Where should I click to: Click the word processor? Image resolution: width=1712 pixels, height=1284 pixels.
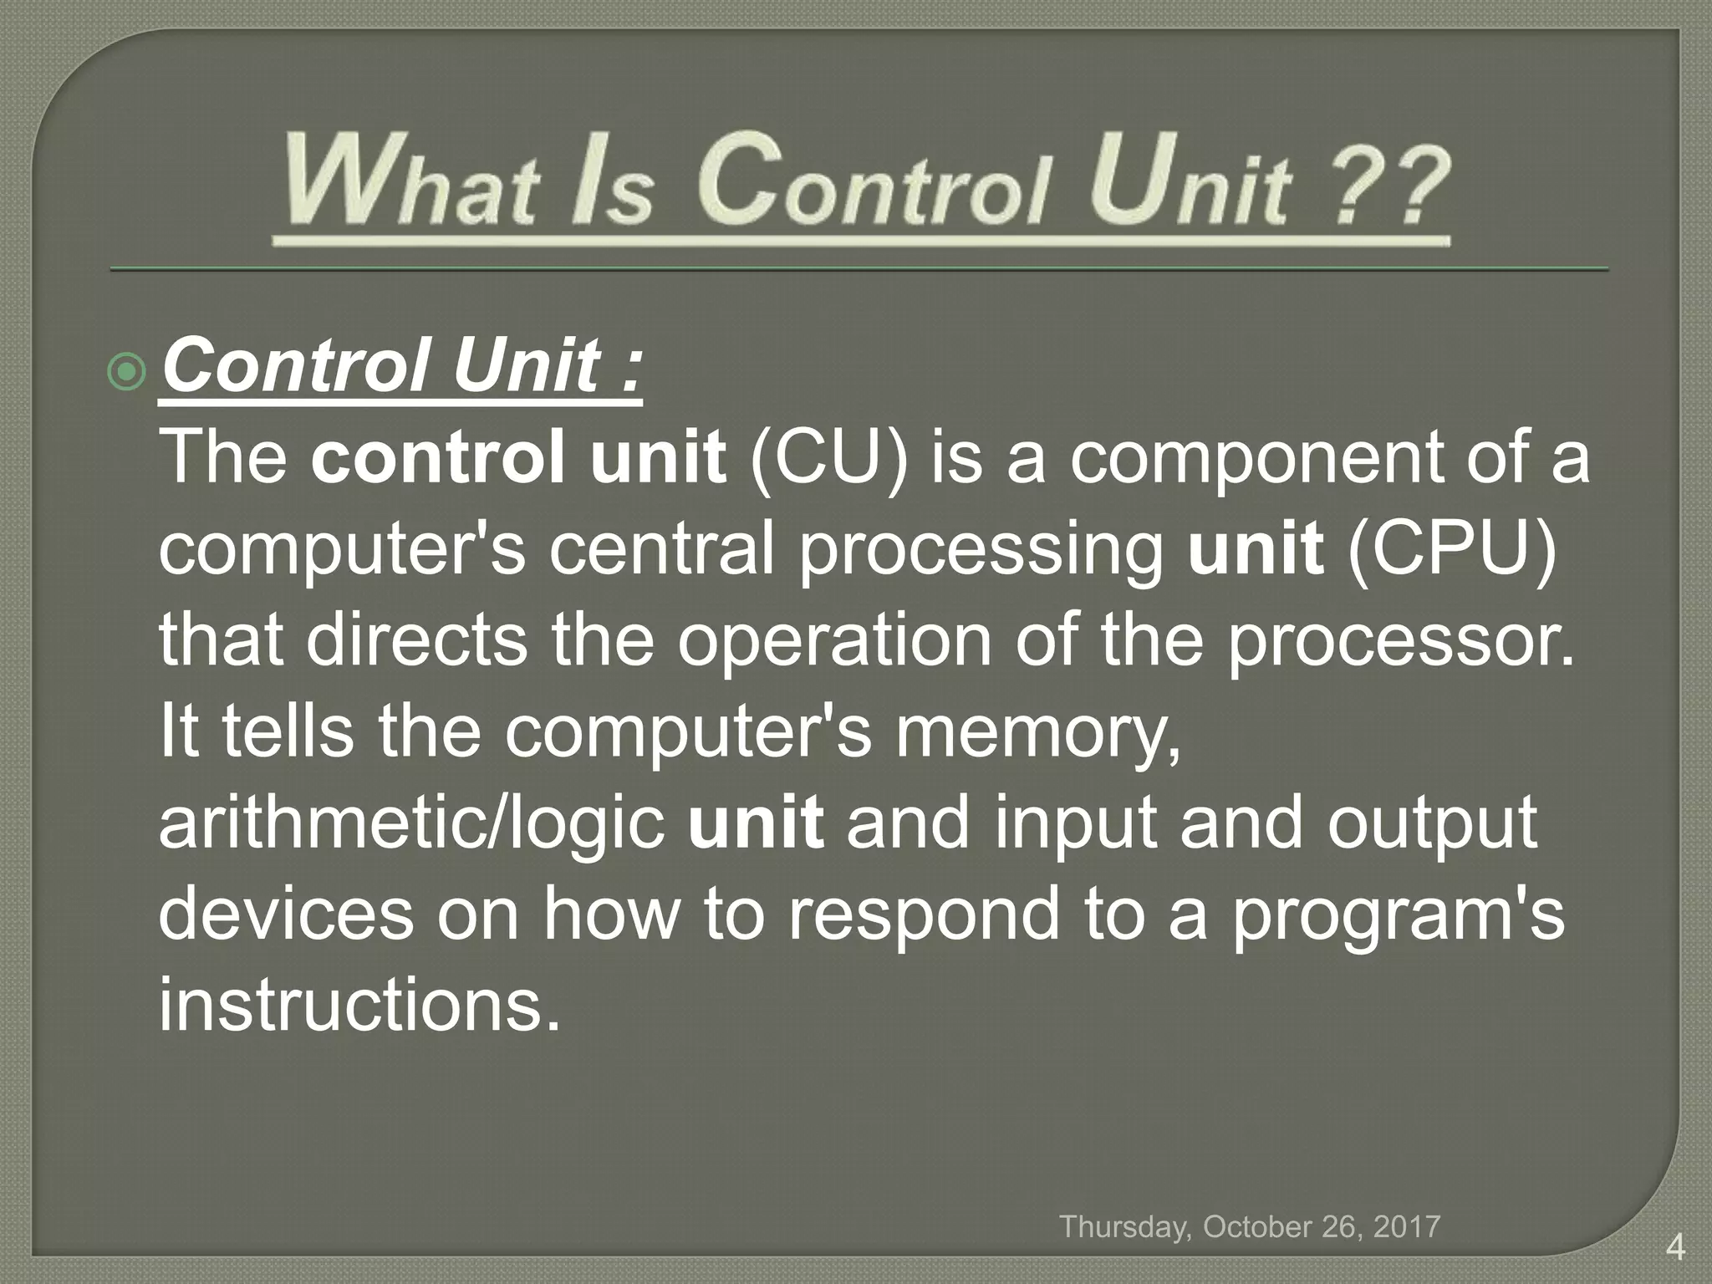(x=1400, y=644)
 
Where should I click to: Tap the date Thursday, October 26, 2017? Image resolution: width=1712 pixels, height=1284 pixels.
(x=1250, y=1226)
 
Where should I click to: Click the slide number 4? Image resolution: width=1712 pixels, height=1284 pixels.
(x=1674, y=1249)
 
